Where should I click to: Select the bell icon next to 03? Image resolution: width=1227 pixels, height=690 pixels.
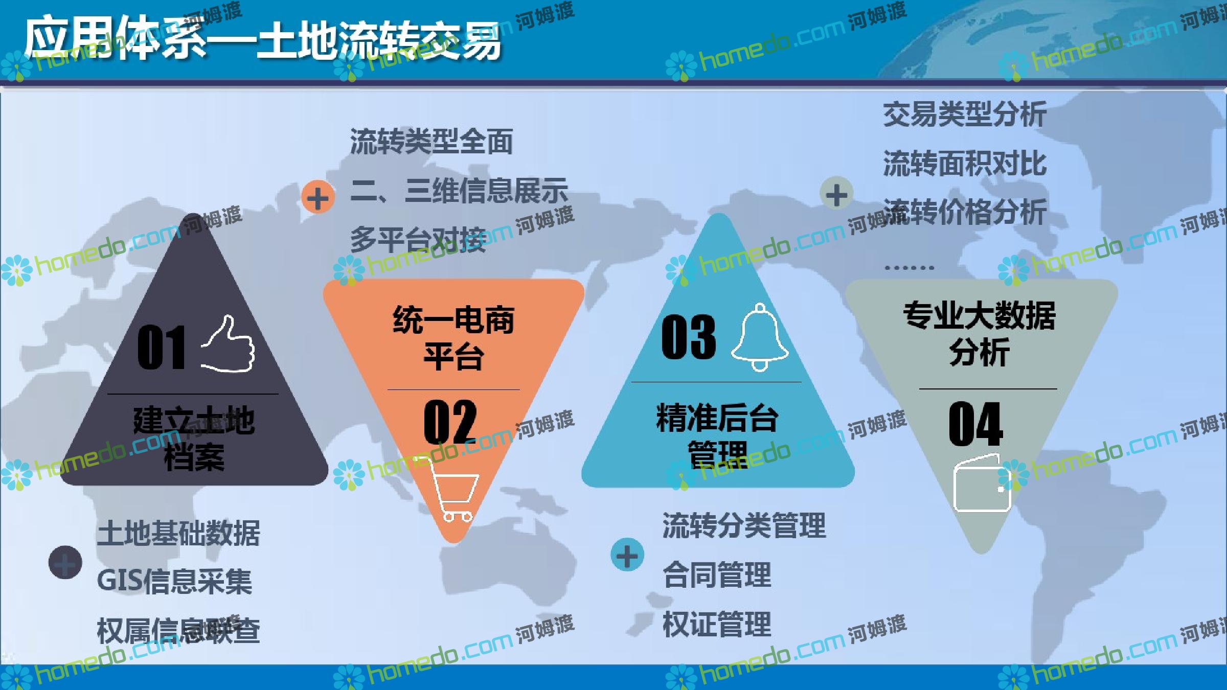point(760,337)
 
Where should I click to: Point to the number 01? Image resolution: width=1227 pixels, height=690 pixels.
point(162,347)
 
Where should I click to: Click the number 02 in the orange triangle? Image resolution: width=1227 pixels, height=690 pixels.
point(450,422)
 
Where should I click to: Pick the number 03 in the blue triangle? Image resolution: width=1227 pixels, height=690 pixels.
point(688,337)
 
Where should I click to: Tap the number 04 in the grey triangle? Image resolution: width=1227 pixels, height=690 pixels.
point(975,424)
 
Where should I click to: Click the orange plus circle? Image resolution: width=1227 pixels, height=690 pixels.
point(318,197)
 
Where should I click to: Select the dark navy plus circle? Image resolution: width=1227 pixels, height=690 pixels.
point(65,562)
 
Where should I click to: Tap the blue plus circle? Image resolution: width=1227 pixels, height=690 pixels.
point(627,555)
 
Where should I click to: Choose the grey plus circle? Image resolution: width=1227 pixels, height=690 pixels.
point(836,194)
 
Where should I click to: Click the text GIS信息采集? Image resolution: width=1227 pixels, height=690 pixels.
point(174,581)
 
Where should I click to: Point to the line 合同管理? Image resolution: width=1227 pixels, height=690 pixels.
point(717,574)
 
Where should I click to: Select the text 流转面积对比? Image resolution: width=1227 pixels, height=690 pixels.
point(965,164)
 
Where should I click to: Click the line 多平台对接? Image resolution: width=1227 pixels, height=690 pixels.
point(418,239)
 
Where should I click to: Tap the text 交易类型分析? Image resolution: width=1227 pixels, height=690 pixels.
point(965,114)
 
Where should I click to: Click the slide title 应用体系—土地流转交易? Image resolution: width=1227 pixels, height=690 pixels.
point(263,40)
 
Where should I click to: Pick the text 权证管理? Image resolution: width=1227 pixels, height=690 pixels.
point(717,624)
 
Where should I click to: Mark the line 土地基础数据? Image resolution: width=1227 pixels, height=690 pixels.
point(178,533)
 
